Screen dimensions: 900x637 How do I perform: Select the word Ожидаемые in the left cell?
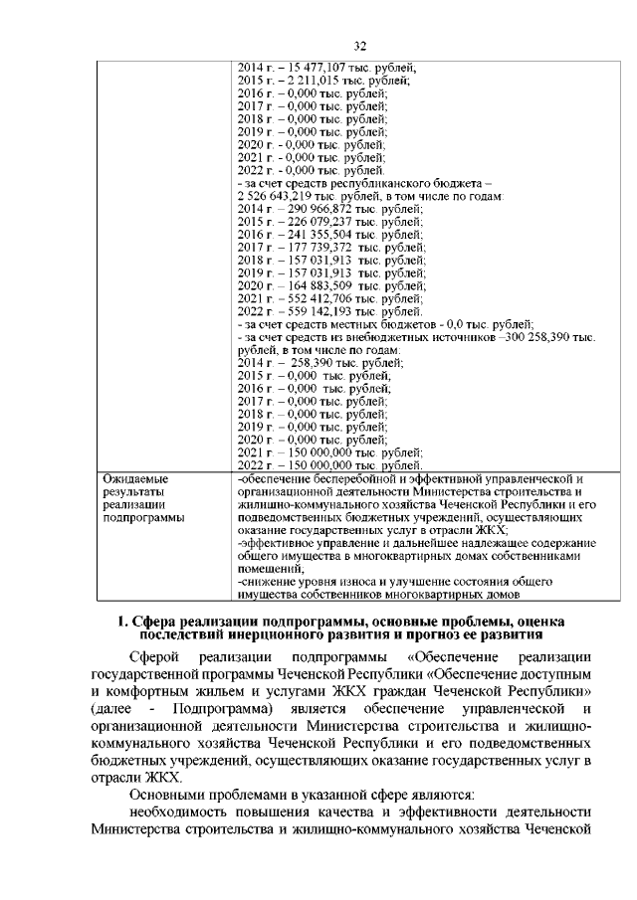click(134, 480)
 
